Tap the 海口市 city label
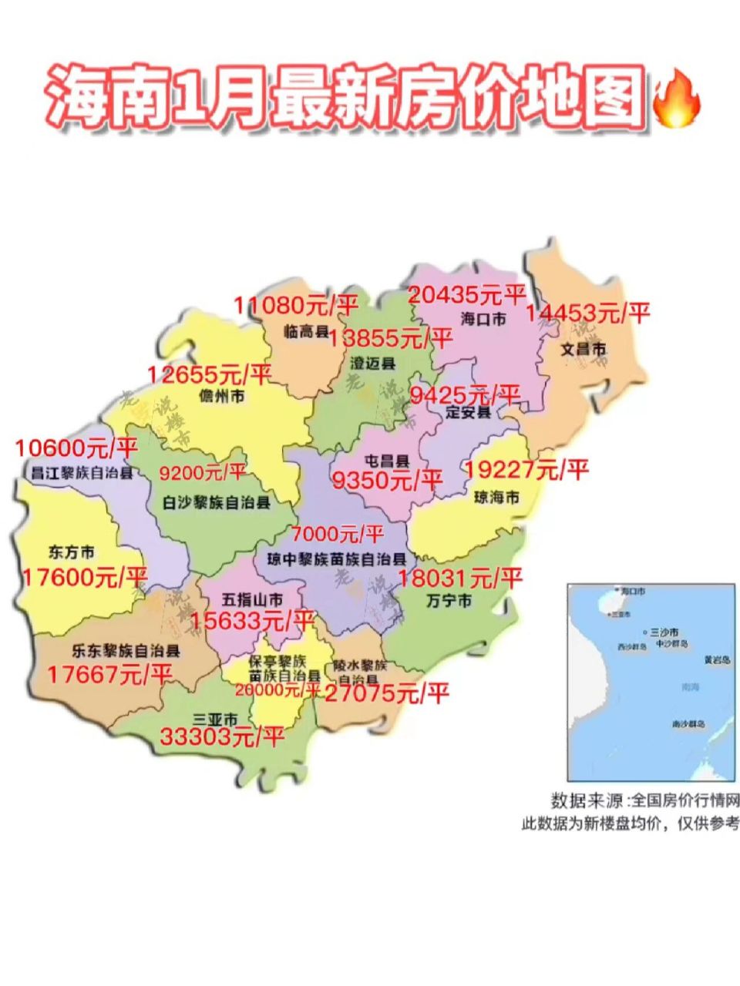click(483, 317)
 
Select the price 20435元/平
click(466, 294)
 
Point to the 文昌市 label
click(583, 349)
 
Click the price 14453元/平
click(588, 313)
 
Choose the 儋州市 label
click(222, 397)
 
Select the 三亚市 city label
click(217, 714)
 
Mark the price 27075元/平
click(385, 694)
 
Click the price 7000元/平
click(337, 533)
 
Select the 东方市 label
click(71, 552)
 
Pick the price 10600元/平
click(76, 448)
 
